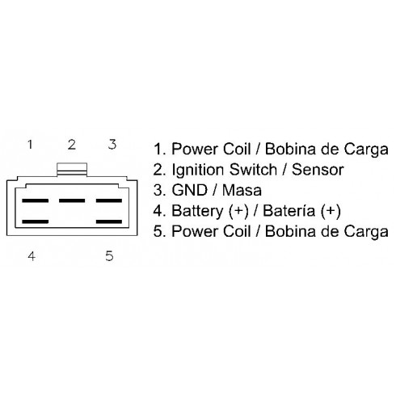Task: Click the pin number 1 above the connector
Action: coord(30,145)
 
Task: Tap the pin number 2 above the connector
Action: coord(72,145)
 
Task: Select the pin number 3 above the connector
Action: coord(112,145)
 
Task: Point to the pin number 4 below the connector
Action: coord(32,256)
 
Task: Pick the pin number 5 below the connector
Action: coord(109,256)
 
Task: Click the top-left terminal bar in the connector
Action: coord(36,200)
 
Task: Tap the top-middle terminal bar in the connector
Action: coord(72,200)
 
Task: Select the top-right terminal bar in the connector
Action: coord(109,200)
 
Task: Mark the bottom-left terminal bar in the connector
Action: coord(36,221)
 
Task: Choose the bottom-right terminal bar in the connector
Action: coord(109,221)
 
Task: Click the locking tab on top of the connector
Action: coord(72,170)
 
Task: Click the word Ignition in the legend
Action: coord(198,171)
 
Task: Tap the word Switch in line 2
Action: coord(253,170)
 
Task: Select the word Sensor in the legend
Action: coord(318,170)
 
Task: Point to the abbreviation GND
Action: coord(190,190)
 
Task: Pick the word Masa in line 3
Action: coord(242,190)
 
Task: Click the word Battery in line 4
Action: coord(196,212)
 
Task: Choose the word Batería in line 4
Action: coord(289,211)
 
